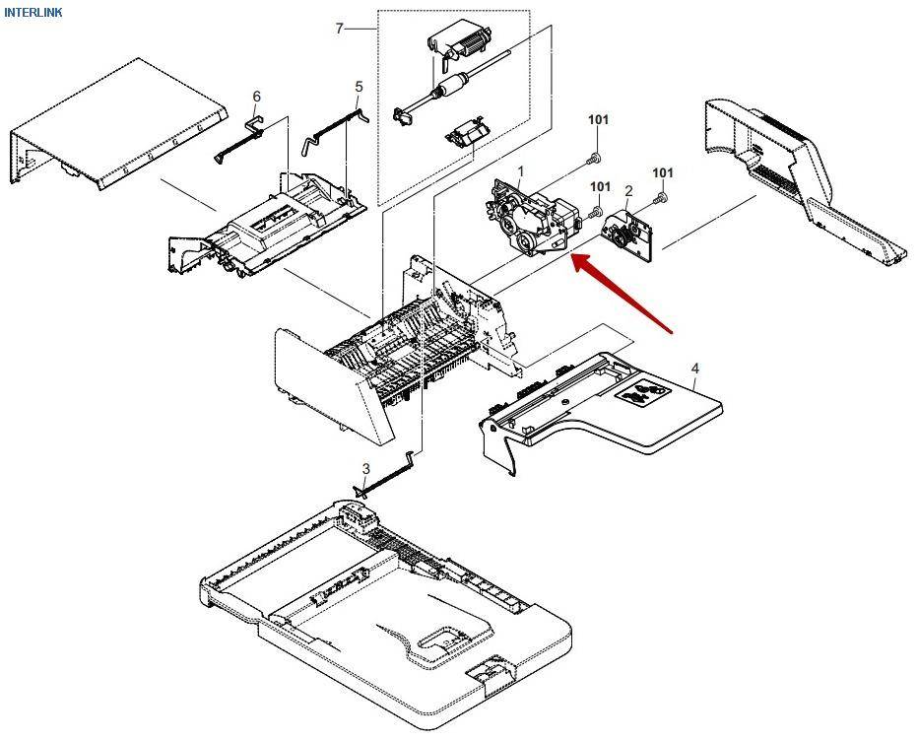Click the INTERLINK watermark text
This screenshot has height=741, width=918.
(33, 12)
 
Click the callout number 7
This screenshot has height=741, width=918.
(340, 29)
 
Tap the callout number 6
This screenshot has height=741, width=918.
(257, 96)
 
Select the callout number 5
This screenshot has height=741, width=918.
(359, 87)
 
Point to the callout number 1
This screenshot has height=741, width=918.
(520, 171)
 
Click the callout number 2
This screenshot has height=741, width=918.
(628, 190)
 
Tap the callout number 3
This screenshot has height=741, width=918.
(365, 468)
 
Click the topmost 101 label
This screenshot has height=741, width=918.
(599, 120)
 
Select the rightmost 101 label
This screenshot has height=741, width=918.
(663, 173)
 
